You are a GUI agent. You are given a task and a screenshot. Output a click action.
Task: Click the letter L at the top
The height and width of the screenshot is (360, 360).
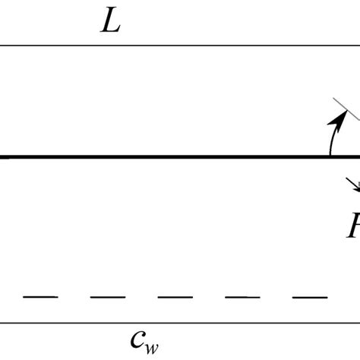coord(111,22)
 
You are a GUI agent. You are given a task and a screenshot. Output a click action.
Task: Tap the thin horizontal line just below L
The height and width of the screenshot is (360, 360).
coord(180,45)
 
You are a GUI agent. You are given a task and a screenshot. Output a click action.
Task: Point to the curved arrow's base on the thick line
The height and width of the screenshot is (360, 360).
coord(330,155)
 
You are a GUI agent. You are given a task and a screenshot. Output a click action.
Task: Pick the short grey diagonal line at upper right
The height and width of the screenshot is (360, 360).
coord(346,109)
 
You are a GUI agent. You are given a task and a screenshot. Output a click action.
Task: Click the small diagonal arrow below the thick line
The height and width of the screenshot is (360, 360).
coord(353,185)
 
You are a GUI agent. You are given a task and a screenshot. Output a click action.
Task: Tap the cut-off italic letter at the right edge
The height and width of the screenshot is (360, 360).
coord(354,226)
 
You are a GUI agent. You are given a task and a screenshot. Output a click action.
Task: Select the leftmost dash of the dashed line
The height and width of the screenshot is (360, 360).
coord(40,296)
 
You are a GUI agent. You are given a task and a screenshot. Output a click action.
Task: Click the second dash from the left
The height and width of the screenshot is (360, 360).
coord(108,296)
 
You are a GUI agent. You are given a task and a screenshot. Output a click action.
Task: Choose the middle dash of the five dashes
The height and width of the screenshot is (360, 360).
coord(175,296)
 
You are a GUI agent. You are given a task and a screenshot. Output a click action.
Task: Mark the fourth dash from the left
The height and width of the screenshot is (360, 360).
coord(242,296)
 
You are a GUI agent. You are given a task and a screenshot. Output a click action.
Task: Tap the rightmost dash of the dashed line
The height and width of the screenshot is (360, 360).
coord(310,296)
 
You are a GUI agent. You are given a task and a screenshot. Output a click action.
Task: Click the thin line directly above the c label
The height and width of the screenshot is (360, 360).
coord(180,322)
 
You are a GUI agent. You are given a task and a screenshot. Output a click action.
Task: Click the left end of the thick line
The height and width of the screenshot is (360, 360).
coord(3,157)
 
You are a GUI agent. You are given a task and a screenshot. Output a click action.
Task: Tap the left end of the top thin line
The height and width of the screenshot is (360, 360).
coord(2,45)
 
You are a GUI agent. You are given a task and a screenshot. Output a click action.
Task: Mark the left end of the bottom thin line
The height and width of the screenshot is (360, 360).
coord(2,322)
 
